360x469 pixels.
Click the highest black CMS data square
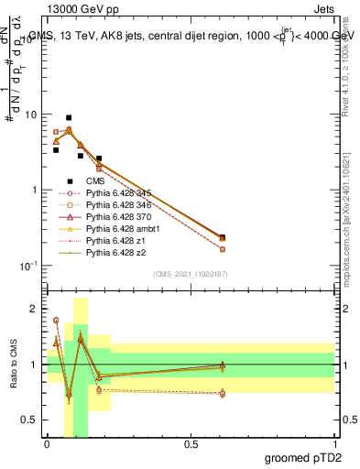[x=69, y=118]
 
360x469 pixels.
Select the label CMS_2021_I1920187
[x=190, y=274]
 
